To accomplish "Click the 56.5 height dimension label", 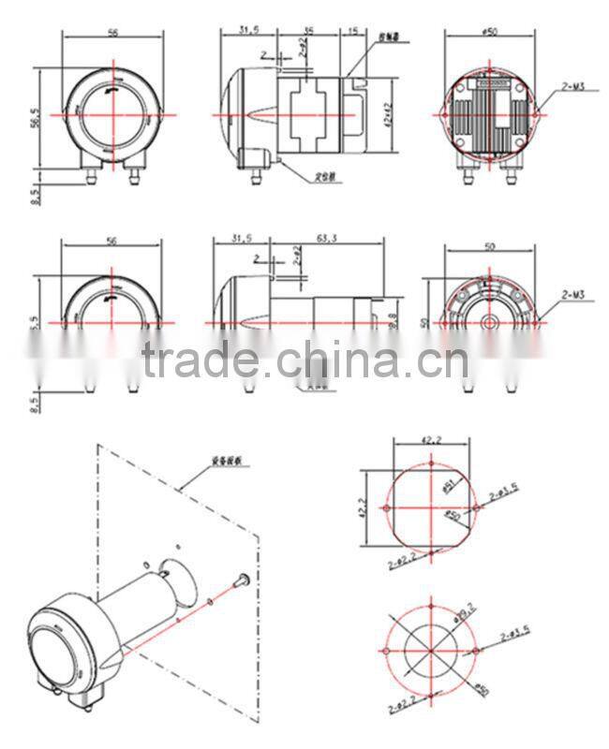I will (37, 118).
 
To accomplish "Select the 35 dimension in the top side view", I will (308, 31).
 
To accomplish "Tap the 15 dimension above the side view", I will (353, 31).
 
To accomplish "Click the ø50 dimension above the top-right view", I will (487, 32).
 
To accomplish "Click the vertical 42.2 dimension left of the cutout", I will (363, 507).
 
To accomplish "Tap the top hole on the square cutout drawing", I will (430, 463).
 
